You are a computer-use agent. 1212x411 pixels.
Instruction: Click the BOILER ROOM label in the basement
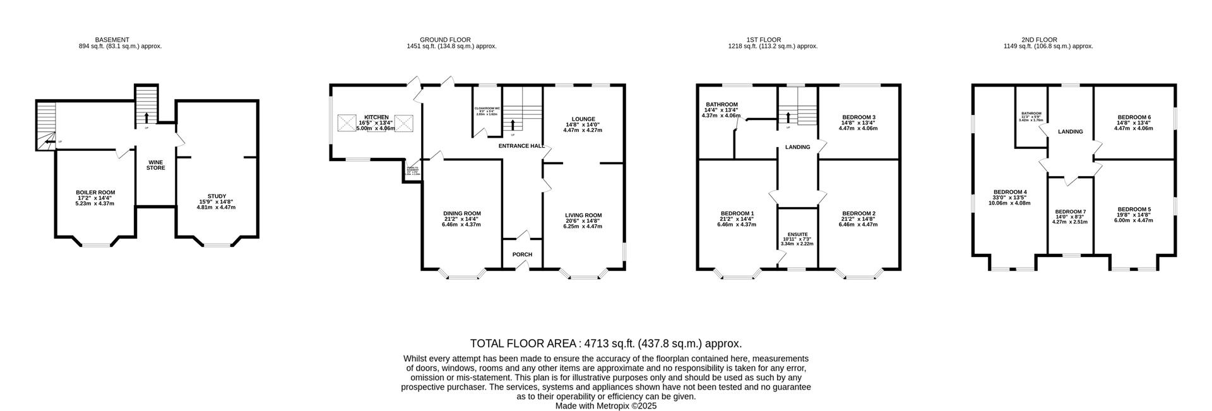(95, 193)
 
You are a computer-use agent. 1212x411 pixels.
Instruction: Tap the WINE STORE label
(156, 165)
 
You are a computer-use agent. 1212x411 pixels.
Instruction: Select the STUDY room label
(217, 196)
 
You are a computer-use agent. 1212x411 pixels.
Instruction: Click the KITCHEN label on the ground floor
(376, 117)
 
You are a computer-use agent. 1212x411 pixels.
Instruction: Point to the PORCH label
(522, 254)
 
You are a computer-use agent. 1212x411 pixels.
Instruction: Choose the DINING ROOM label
(461, 213)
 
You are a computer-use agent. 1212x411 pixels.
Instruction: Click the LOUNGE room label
(583, 119)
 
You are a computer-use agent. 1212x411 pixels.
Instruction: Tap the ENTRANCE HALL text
(521, 146)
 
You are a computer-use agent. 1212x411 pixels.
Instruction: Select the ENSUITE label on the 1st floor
(797, 234)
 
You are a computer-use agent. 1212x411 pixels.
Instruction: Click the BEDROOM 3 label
(858, 117)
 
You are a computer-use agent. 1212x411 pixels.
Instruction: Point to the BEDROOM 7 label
(1071, 211)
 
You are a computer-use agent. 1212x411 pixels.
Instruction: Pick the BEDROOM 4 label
(1010, 192)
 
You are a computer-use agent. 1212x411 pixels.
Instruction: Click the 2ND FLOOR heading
(1039, 40)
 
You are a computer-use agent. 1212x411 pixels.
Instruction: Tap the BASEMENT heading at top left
(112, 40)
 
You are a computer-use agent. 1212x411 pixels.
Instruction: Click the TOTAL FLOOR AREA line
(605, 343)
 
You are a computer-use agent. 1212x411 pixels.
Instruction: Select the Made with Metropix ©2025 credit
(605, 406)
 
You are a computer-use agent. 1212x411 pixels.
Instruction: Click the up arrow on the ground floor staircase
(513, 124)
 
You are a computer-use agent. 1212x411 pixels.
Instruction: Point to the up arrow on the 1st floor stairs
(787, 117)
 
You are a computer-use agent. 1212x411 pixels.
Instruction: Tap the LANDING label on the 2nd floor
(1070, 132)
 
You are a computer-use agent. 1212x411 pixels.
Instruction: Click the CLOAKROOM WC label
(487, 109)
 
